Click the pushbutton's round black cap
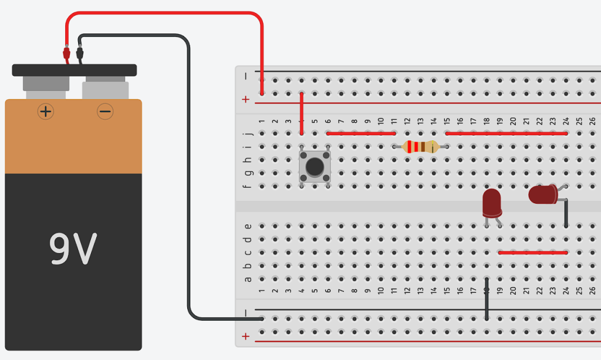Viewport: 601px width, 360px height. pyautogui.click(x=315, y=166)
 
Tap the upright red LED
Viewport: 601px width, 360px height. pyautogui.click(x=492, y=203)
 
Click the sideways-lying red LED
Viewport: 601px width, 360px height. pyautogui.click(x=543, y=194)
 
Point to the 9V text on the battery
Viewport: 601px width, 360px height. pyautogui.click(x=73, y=249)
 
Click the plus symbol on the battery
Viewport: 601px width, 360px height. pyautogui.click(x=46, y=111)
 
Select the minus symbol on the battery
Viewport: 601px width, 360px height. pyautogui.click(x=105, y=111)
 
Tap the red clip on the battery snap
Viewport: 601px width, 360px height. pyautogui.click(x=66, y=55)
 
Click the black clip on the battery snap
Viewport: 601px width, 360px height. pyautogui.click(x=80, y=55)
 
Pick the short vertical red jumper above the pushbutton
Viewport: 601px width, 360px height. pyautogui.click(x=302, y=113)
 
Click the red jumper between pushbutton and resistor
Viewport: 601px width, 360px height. pyautogui.click(x=361, y=133)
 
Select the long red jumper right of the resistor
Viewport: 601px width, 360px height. pyautogui.click(x=507, y=133)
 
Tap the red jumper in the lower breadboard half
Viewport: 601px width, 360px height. pyautogui.click(x=533, y=253)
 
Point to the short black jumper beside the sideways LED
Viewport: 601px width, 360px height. pyautogui.click(x=566, y=213)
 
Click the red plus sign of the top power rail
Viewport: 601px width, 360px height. pyautogui.click(x=246, y=100)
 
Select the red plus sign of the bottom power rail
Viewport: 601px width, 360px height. pyautogui.click(x=246, y=337)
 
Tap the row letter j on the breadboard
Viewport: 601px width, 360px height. pyautogui.click(x=248, y=133)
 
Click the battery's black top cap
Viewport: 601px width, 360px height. pyautogui.click(x=75, y=70)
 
